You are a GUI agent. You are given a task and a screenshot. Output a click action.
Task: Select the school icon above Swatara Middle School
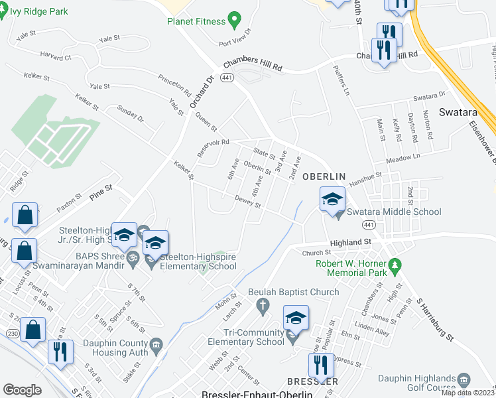pyautogui.click(x=333, y=198)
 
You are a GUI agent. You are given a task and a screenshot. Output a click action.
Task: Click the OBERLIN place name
pyautogui.click(x=324, y=176)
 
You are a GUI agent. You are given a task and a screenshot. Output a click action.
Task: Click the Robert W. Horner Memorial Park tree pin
pyautogui.click(x=396, y=267)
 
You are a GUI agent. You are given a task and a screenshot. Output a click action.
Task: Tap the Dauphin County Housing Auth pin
pyautogui.click(x=156, y=344)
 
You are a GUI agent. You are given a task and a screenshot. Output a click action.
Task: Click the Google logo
pyautogui.click(x=22, y=390)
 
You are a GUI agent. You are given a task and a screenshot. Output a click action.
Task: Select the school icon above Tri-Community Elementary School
pyautogui.click(x=296, y=318)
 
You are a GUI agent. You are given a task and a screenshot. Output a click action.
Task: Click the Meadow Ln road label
pyautogui.click(x=407, y=158)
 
